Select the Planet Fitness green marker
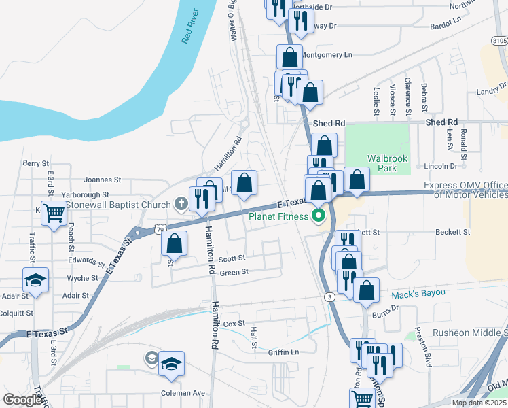(x=317, y=217)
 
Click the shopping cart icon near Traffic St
(x=54, y=214)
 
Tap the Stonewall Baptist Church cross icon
(x=181, y=203)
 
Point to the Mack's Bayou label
(x=418, y=293)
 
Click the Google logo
(x=22, y=400)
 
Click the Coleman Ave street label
(x=183, y=393)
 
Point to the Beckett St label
(x=452, y=232)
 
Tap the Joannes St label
(x=102, y=180)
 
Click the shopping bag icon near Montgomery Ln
(x=289, y=57)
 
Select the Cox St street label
(x=233, y=324)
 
